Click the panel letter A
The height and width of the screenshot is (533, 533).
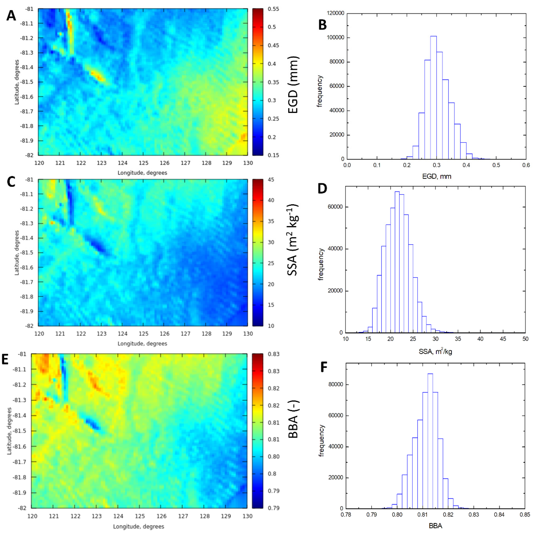tap(11, 16)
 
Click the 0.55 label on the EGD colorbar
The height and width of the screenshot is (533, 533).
tap(273, 9)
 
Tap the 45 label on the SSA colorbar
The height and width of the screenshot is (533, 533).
tap(271, 180)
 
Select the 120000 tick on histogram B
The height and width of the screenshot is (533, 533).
tap(335, 13)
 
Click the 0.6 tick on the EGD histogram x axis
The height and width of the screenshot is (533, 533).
tap(526, 165)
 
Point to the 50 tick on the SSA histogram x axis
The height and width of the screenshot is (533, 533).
tap(525, 339)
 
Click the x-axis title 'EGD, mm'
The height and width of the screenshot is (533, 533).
tap(437, 176)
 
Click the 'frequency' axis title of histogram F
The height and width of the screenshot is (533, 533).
tap(321, 440)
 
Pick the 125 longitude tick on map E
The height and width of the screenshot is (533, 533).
tap(140, 516)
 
